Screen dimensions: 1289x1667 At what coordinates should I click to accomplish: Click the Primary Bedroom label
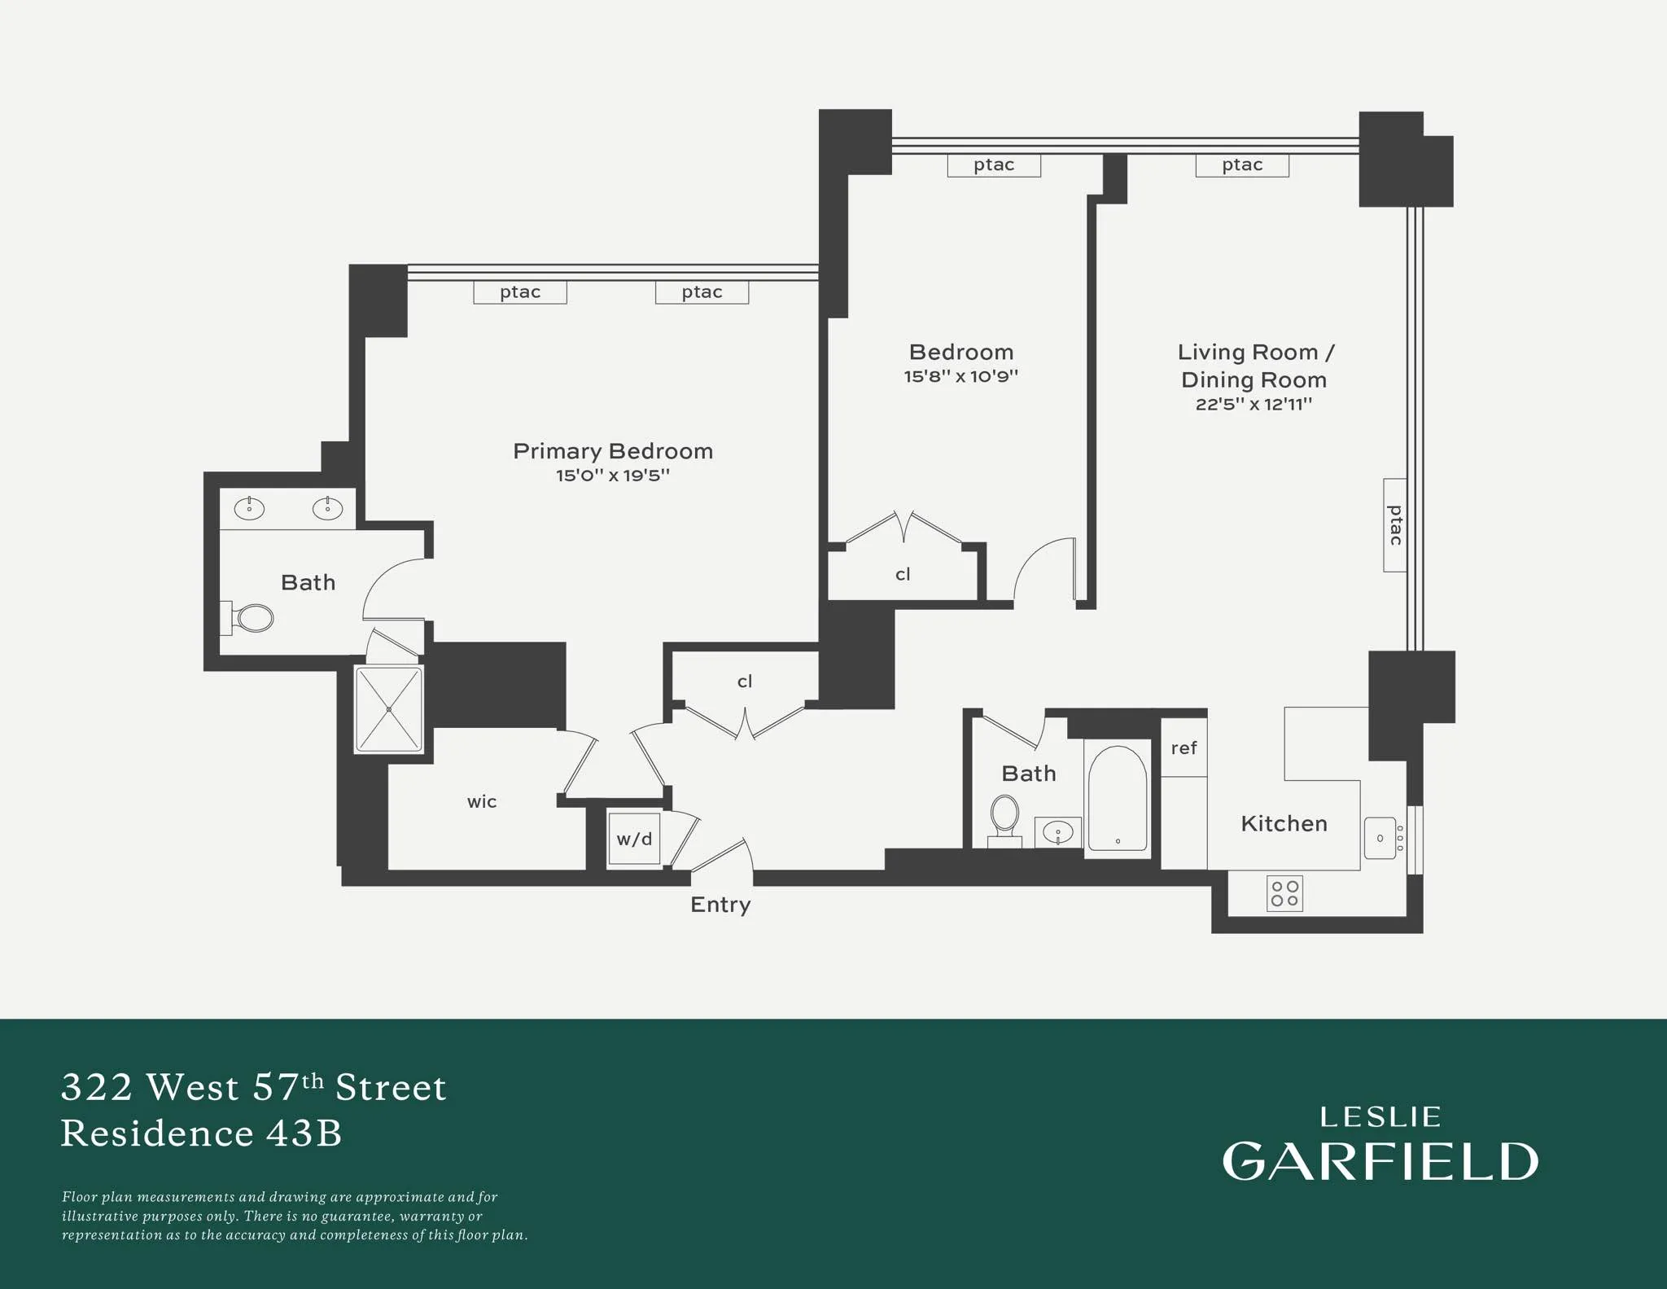click(612, 451)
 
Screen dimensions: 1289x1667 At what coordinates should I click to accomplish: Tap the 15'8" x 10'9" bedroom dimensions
click(960, 376)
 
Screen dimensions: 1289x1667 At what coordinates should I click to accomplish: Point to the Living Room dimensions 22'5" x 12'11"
click(1253, 404)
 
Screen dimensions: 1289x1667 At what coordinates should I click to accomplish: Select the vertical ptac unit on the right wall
click(1394, 525)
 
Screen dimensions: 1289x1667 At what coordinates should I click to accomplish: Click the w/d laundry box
click(634, 840)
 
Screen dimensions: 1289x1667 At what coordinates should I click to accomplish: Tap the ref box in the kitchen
click(1184, 748)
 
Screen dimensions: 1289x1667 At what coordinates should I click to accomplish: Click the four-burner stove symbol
click(1284, 893)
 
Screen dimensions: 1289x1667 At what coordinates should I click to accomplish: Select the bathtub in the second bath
click(1118, 798)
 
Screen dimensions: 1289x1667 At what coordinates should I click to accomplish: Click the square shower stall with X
click(389, 709)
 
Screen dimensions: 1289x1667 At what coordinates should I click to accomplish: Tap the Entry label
click(720, 905)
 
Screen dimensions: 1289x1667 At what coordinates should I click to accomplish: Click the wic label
click(482, 802)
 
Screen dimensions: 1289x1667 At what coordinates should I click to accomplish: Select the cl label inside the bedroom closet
click(903, 575)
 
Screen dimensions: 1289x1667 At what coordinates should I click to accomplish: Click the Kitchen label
click(1284, 823)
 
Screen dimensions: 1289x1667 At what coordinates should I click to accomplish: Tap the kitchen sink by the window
click(1380, 838)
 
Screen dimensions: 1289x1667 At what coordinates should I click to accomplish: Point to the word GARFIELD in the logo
click(1380, 1161)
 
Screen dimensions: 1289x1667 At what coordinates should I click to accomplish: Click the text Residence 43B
click(201, 1133)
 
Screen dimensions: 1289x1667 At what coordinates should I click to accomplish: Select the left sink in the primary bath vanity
click(249, 509)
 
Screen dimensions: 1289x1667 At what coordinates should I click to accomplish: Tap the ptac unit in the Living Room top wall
click(1241, 165)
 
